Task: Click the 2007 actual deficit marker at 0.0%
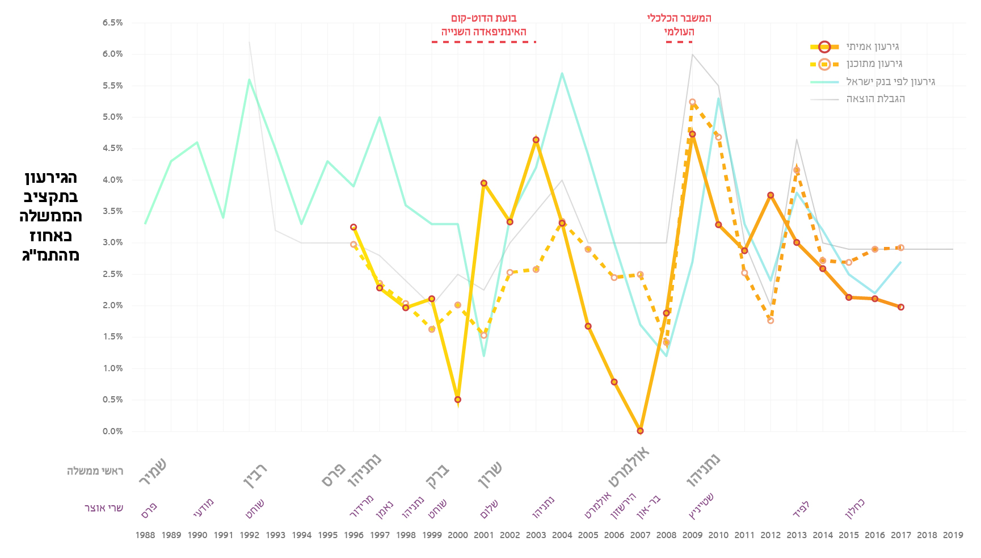pos(640,431)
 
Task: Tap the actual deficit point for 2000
pos(458,400)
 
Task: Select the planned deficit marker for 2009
pos(692,102)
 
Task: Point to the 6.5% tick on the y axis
pos(112,23)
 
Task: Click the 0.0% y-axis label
pos(112,431)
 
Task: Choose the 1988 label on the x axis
pos(145,535)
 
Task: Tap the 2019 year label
pos(953,535)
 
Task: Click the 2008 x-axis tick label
pos(666,535)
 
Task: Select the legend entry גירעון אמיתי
pos(873,47)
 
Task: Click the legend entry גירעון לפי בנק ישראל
pos(890,82)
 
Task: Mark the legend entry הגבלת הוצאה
pos(875,99)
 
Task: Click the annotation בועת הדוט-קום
pos(483,18)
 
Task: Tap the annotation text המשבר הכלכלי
pos(679,18)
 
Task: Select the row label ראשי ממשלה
pos(95,471)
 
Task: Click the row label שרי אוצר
pos(104,508)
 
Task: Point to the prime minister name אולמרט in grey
pos(629,467)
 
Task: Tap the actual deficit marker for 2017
pos(901,307)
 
